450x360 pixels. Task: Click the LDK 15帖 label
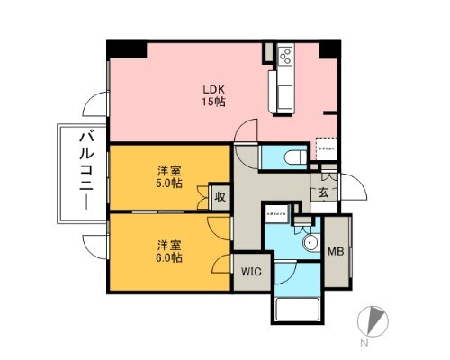213,95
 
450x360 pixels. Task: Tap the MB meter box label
335,253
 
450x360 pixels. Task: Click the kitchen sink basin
279,93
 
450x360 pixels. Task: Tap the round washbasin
310,243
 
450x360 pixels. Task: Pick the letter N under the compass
365,344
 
